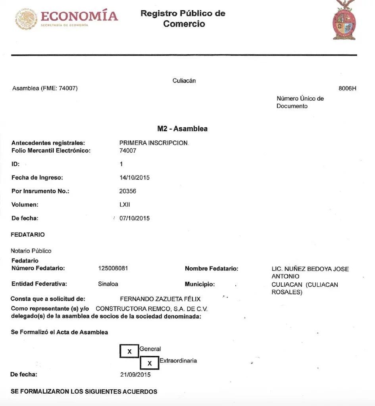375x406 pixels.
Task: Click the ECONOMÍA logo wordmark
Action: pos(79,16)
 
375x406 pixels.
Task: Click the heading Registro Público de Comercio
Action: pos(183,19)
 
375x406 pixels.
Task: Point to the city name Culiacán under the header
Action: pos(184,81)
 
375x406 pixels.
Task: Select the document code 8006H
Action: pos(347,88)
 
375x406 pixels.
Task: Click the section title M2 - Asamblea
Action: pos(182,129)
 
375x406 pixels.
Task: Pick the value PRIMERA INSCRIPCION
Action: pos(154,143)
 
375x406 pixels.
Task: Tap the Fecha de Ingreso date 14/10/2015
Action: pos(135,178)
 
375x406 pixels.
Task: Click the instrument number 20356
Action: pos(128,191)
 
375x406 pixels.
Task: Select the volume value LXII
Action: pos(125,205)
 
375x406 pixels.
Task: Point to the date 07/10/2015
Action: pos(135,218)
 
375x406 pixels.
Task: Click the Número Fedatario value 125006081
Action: pos(113,269)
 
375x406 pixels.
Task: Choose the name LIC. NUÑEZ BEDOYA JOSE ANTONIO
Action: pos(310,272)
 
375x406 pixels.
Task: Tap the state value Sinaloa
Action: pos(108,284)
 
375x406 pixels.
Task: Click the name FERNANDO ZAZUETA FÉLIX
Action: pos(160,299)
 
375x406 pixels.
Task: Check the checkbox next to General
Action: pos(129,351)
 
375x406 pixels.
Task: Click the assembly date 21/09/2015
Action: pos(135,374)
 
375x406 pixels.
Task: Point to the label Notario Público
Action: pos(31,251)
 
